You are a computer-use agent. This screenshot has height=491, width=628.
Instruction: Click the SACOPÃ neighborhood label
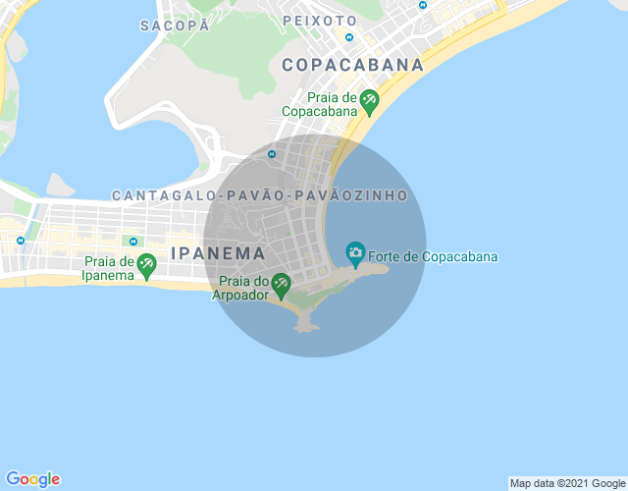(175, 26)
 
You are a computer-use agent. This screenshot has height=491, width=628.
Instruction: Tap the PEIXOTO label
(319, 20)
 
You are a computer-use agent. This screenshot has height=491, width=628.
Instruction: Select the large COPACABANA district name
(352, 65)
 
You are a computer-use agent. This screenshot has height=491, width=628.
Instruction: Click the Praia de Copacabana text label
(319, 104)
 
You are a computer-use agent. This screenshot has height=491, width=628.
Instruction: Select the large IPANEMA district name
(218, 252)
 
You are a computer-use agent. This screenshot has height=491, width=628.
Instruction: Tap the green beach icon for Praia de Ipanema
(146, 263)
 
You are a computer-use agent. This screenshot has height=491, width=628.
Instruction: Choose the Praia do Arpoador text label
(240, 287)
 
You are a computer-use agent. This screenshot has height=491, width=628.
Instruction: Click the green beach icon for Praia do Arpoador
(281, 284)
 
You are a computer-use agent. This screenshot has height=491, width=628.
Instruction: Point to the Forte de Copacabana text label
(433, 257)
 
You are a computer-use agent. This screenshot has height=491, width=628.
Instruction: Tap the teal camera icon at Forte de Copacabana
(355, 252)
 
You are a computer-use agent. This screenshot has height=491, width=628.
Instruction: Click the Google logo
(31, 478)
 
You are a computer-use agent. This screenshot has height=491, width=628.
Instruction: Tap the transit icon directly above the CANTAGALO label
(272, 153)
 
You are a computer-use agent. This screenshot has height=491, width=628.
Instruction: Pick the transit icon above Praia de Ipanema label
(131, 241)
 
